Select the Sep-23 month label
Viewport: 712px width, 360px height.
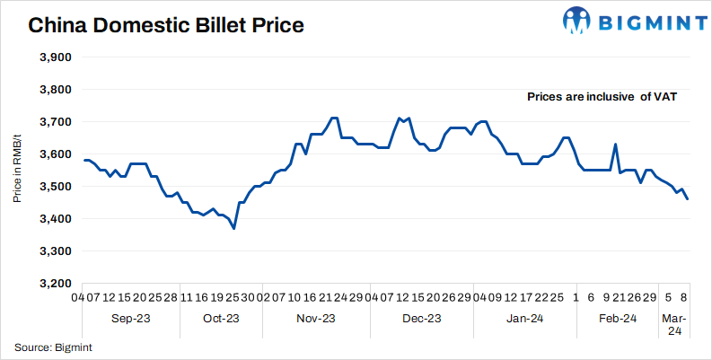tap(131, 318)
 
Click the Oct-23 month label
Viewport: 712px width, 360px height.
tap(221, 318)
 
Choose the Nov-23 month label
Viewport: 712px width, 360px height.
tap(316, 318)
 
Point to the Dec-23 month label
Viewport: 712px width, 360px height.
tap(422, 318)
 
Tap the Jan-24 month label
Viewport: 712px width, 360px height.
tap(524, 318)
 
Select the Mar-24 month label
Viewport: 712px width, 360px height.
tap(675, 324)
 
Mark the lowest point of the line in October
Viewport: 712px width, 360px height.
tap(234, 229)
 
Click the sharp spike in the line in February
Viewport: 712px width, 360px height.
tap(616, 145)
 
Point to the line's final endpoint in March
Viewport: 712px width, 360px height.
tap(688, 199)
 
